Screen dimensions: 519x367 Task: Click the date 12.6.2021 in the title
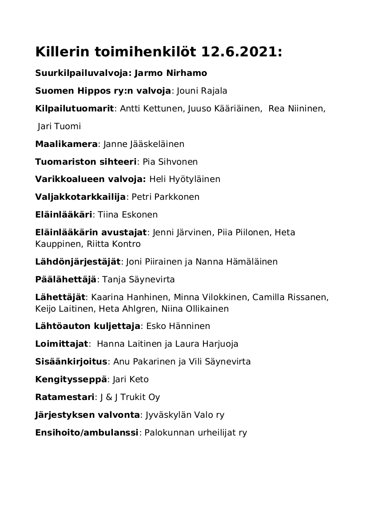241,52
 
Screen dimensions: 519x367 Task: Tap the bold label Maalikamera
66,144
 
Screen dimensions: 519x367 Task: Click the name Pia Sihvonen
170,162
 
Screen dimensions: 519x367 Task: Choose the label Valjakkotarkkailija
80,197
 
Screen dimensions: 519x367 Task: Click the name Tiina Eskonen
128,215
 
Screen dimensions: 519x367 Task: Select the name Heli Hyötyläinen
185,179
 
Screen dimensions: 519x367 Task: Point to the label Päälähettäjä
66,280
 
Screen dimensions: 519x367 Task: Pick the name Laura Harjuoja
211,344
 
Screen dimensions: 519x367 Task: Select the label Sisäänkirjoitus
71,362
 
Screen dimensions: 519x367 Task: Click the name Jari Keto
131,380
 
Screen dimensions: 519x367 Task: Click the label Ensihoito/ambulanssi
87,433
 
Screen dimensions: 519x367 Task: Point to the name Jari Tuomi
60,127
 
